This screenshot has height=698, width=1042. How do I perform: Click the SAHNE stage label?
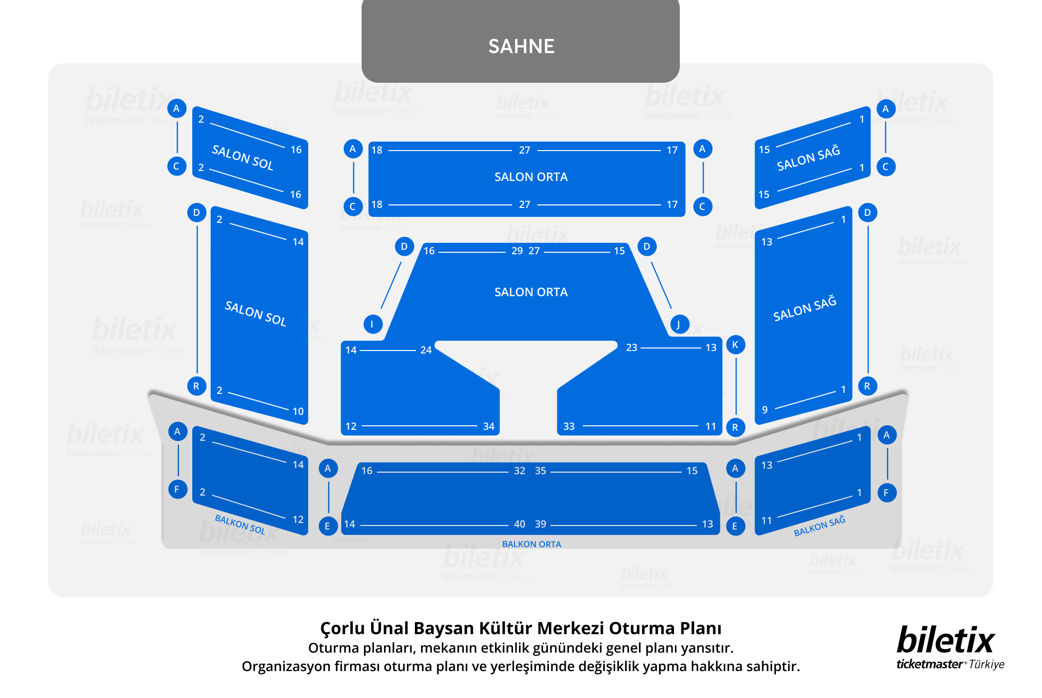(x=521, y=46)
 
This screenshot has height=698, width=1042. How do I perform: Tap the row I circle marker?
(x=373, y=324)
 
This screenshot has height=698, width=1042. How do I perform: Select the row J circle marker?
(x=679, y=325)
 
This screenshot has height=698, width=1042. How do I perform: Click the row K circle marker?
(x=735, y=345)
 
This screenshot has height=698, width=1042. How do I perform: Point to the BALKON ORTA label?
(x=531, y=544)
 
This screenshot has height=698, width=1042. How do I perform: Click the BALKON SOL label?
(x=240, y=524)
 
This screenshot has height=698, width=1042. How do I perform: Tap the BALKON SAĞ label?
(x=819, y=526)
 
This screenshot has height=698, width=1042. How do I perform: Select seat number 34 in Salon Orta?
(x=489, y=426)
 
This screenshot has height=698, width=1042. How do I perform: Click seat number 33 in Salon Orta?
(x=569, y=426)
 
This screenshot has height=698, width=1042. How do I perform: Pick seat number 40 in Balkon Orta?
(x=520, y=524)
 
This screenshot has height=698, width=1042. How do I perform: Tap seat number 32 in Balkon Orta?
(x=520, y=471)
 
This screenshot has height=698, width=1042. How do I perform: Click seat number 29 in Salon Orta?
(x=517, y=251)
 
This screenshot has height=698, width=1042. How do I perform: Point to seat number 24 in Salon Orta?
(x=426, y=350)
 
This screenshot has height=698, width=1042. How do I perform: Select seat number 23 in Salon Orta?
(x=632, y=348)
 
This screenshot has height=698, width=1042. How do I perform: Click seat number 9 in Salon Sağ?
(x=765, y=410)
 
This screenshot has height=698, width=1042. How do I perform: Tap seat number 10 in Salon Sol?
(x=298, y=411)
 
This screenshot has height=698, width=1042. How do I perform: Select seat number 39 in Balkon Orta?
(x=540, y=524)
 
